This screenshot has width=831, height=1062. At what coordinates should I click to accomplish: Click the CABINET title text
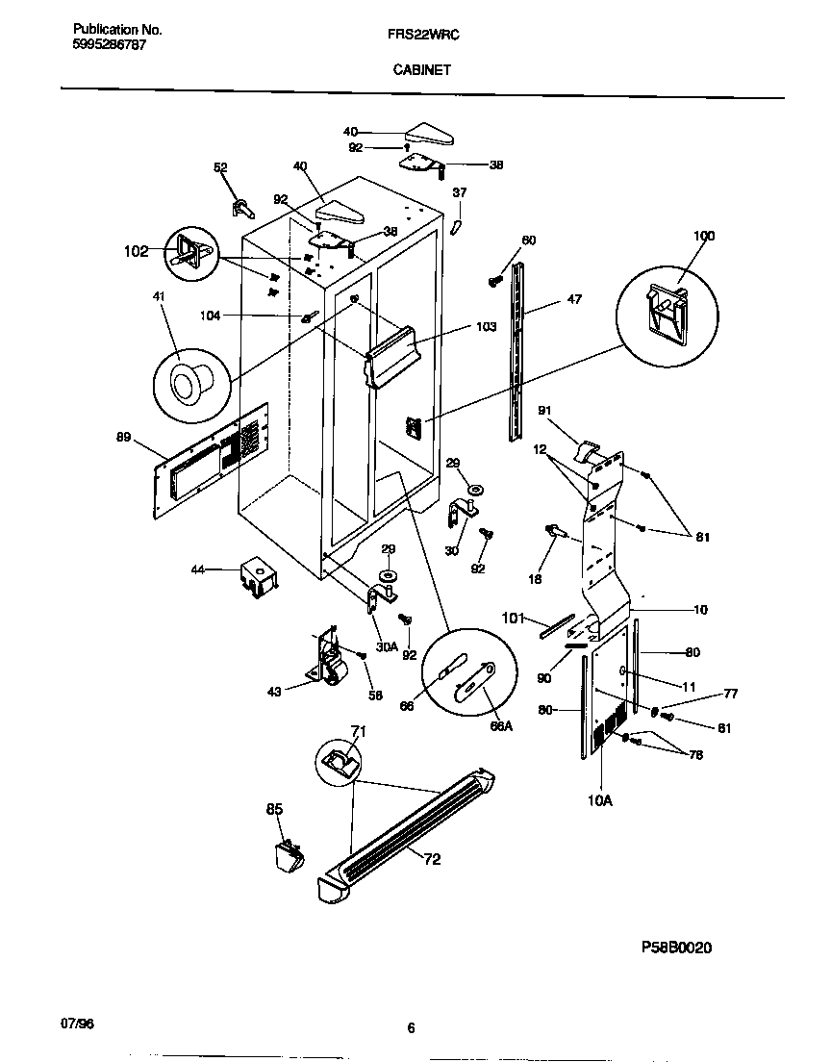coord(420,69)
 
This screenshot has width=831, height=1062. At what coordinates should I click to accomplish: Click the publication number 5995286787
coord(110,45)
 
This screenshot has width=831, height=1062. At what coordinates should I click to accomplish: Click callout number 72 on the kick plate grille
coord(432,859)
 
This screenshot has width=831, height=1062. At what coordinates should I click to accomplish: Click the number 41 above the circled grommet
coord(159,299)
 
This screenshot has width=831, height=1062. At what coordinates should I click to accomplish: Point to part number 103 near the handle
coord(486,327)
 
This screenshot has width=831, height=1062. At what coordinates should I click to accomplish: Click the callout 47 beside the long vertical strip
coord(573,300)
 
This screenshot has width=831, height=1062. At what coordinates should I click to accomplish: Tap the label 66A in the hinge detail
coord(500,726)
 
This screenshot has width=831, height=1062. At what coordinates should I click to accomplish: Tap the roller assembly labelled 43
coord(331,662)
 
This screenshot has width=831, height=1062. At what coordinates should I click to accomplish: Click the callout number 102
coord(136,251)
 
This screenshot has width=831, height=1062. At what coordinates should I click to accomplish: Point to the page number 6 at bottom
coord(411,1028)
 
